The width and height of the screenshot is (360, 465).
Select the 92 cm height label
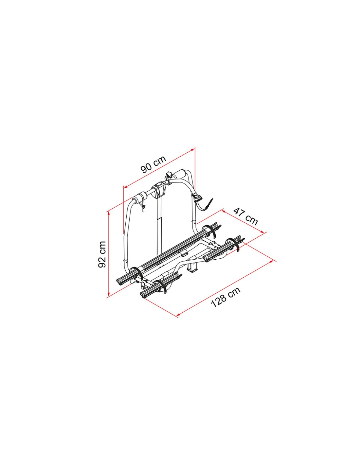point(102,254)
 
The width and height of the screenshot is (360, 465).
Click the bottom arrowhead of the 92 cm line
point(109,292)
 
